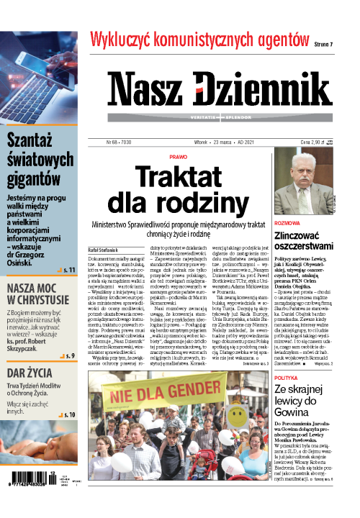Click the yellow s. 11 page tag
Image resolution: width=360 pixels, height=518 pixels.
coord(70,270)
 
